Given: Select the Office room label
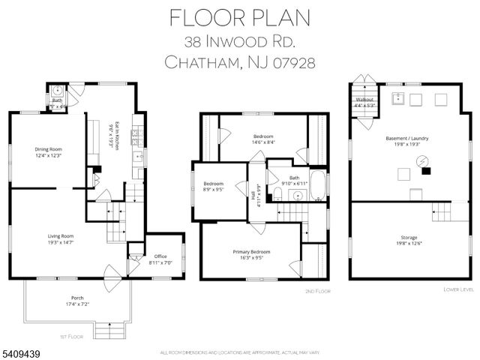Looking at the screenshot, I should pyautogui.click(x=158, y=256).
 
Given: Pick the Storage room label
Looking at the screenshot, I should pyautogui.click(x=409, y=237).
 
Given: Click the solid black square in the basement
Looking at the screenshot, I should pyautogui.click(x=427, y=170).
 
